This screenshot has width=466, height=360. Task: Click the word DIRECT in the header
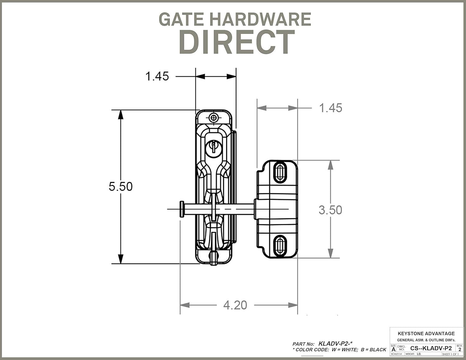click(x=237, y=43)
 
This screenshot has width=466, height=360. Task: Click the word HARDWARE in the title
click(x=260, y=19)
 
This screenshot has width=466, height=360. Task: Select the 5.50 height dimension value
click(x=121, y=186)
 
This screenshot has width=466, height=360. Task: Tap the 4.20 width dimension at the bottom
click(x=235, y=305)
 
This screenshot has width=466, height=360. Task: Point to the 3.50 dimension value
click(x=330, y=210)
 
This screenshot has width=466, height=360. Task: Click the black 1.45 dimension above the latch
click(x=157, y=76)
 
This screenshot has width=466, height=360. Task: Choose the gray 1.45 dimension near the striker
click(x=331, y=108)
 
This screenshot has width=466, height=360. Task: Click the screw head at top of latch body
click(x=213, y=117)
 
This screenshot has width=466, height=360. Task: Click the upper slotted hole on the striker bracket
click(x=280, y=172)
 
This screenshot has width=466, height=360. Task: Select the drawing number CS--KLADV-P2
click(x=431, y=348)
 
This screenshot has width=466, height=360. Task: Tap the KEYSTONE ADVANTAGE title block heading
click(x=426, y=333)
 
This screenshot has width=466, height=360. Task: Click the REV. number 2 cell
click(x=459, y=349)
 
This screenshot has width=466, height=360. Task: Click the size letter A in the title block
click(x=393, y=349)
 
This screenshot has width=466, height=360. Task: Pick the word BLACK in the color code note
click(x=378, y=349)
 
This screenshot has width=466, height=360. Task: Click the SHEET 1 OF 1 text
click(x=450, y=354)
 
